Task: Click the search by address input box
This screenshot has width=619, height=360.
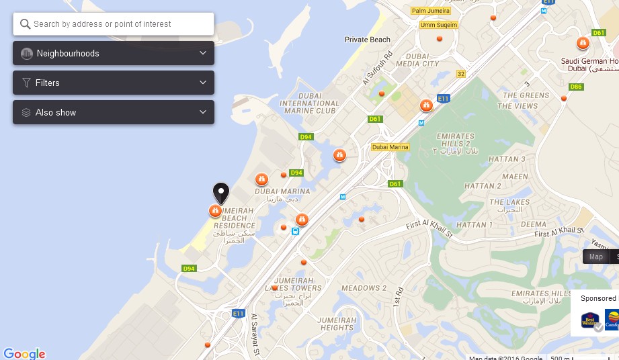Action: pos(114,24)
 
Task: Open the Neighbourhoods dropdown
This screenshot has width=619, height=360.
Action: pos(114,53)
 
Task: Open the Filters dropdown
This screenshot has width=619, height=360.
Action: pos(114,83)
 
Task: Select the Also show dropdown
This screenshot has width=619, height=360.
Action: pos(114,112)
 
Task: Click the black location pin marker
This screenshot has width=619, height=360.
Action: pos(220,193)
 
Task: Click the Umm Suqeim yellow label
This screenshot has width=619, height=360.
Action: pos(438,25)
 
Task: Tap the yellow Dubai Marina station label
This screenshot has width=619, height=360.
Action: pos(390,147)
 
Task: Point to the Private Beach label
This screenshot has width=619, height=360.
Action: pos(368,40)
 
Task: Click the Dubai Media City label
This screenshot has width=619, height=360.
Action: pos(417,60)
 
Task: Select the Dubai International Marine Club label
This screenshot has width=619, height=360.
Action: pos(308,103)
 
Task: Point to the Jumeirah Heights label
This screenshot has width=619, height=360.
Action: pos(337,324)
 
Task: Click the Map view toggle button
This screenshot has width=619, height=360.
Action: pos(595,257)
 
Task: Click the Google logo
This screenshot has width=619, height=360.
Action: pos(24,354)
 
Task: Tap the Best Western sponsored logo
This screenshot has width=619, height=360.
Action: pos(590,320)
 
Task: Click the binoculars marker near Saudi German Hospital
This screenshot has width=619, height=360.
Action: pos(583,43)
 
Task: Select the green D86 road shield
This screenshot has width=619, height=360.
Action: pos(576,87)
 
